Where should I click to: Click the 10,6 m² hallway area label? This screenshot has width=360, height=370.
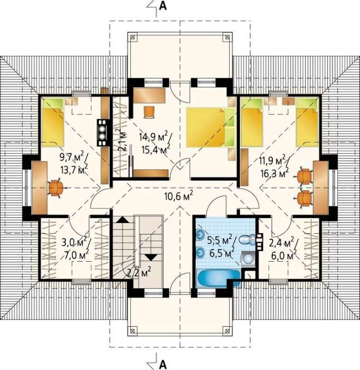179,196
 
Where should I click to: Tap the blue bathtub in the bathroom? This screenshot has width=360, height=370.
219,278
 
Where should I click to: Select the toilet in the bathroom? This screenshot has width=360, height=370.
247,239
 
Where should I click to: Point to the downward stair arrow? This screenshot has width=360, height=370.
151,257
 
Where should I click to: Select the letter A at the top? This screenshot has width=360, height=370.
163,6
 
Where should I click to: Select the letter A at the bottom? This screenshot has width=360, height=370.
163,364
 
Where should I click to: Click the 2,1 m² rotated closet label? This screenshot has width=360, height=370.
122,140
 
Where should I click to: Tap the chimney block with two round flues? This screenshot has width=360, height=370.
102,133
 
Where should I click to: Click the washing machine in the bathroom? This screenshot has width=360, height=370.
248,258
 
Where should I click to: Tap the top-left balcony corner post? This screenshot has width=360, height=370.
132,37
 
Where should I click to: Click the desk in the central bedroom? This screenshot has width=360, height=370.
149,95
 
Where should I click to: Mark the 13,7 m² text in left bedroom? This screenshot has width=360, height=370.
74,169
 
